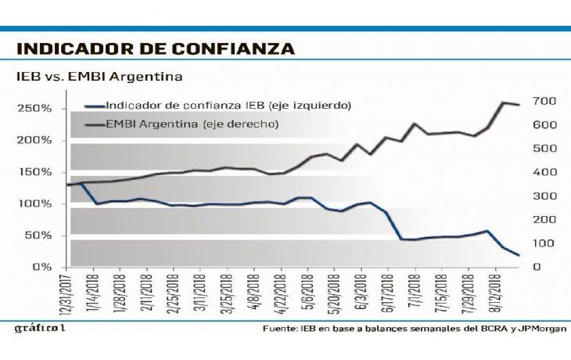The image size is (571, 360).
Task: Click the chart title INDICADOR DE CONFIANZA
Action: coord(155,49)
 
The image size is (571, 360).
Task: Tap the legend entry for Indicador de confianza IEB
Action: coord(228,105)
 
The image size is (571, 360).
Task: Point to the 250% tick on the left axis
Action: coord(37,108)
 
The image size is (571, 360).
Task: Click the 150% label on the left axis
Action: coord(37,171)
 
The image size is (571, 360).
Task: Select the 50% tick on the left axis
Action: coord(40,236)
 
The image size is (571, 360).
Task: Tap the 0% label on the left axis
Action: coord(43,268)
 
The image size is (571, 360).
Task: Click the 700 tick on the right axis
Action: coord(544,102)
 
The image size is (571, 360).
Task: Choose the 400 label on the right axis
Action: coord(544,172)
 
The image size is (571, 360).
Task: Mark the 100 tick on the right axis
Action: coord(544,243)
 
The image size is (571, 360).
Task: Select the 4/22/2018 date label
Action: coord(279,292)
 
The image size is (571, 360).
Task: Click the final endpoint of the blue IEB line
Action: coord(519,255)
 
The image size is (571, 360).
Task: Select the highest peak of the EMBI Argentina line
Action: coord(503,103)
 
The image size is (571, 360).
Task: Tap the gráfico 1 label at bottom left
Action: coord(40,328)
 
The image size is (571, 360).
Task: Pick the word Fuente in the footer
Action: coord(279,329)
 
